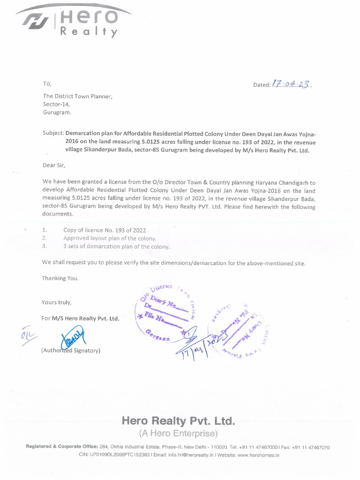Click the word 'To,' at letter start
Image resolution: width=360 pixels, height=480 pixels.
[x=46, y=84]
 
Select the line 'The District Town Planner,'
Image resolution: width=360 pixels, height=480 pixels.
[x=77, y=96]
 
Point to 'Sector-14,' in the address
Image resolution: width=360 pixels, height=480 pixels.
[x=56, y=104]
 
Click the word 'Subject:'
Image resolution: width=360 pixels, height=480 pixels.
[x=53, y=134]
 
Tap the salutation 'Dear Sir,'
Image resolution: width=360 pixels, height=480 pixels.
[x=54, y=165]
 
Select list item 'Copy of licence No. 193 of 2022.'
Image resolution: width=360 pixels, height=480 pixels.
[x=105, y=230]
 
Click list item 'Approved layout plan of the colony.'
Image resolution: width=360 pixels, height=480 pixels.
[x=110, y=238]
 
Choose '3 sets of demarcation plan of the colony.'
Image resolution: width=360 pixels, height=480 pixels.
[x=117, y=246]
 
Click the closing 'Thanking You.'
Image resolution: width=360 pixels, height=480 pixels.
[x=60, y=278]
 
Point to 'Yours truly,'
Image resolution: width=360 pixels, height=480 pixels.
[x=57, y=302]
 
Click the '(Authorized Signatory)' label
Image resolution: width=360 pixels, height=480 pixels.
[x=70, y=350]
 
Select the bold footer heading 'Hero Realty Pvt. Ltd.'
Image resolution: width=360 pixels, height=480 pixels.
[x=178, y=420]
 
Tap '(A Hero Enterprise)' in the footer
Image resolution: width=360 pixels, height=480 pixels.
[x=178, y=432]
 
